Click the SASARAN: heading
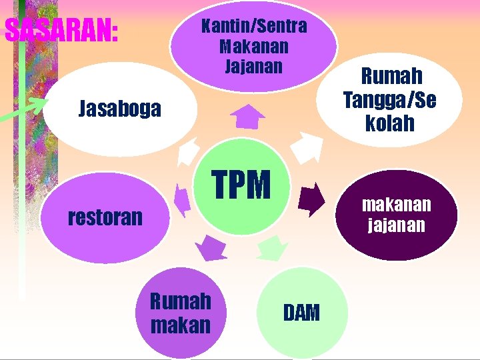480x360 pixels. tap(61, 30)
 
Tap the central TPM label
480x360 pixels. tap(241, 185)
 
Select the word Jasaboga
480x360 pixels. tap(120, 108)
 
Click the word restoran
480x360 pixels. tap(106, 217)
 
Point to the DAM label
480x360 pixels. tap(301, 312)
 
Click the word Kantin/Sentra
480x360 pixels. tap(254, 27)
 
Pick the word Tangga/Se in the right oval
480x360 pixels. tap(390, 100)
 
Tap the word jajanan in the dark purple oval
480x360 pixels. tap(397, 225)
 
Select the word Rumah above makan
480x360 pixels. tap(180, 301)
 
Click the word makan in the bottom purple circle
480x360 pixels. tap(180, 325)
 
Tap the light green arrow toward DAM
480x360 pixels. tap(272, 248)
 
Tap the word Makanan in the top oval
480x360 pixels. tap(254, 47)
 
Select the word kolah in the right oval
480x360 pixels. tap(390, 123)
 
